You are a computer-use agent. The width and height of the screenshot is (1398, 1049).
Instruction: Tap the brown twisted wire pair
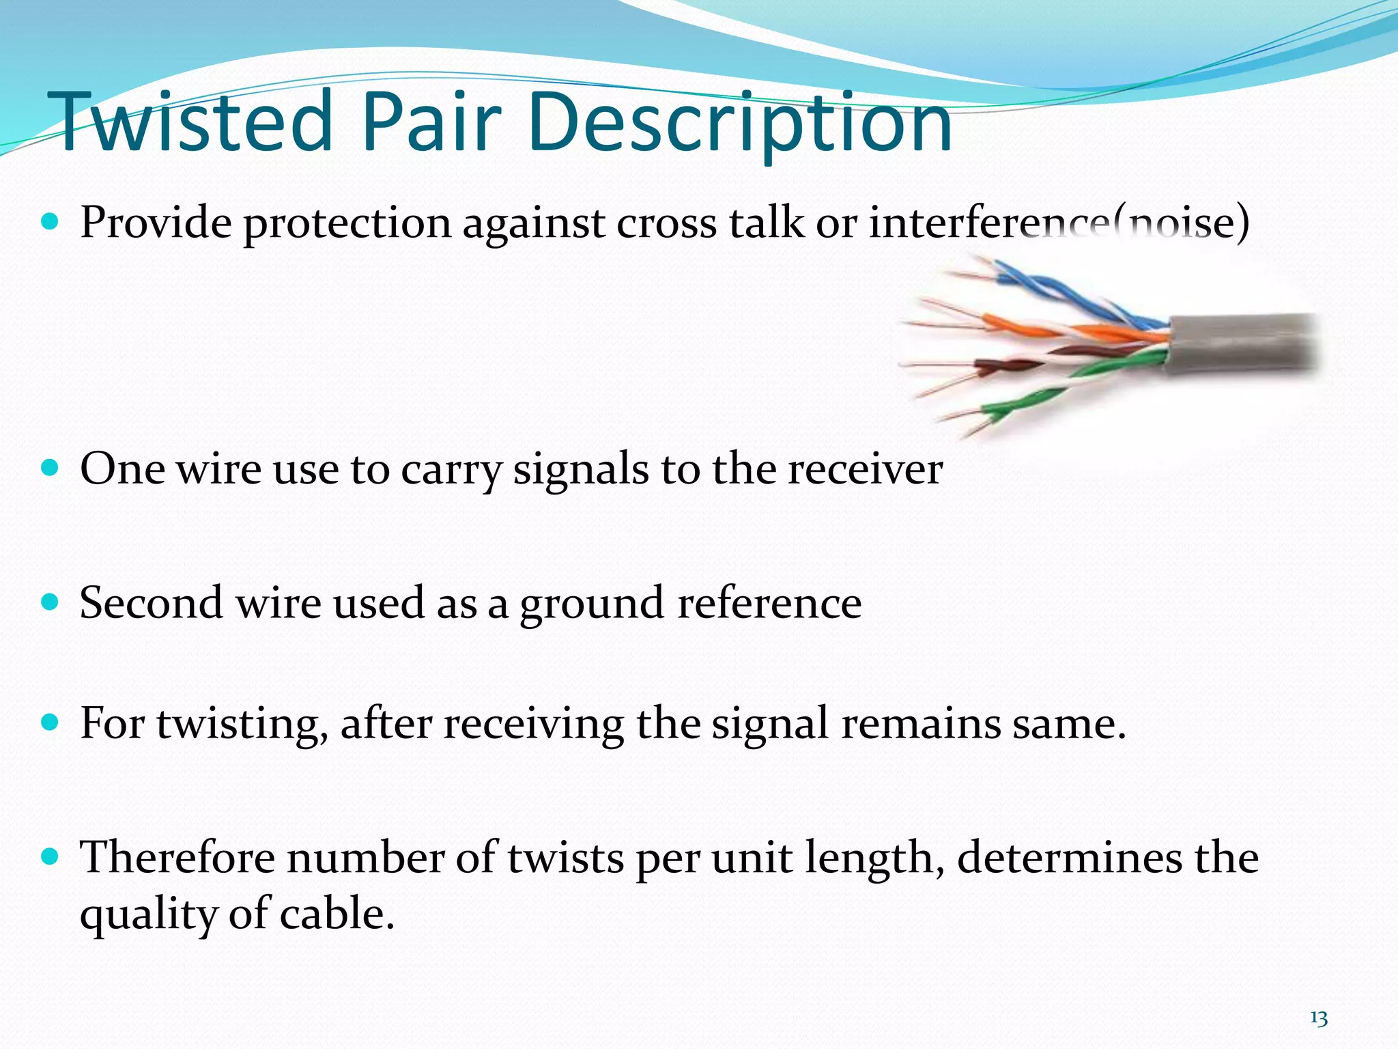[x=1010, y=366]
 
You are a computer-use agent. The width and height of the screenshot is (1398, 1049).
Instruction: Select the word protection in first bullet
[x=347, y=224]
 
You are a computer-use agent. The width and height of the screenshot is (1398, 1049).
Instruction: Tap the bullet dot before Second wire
[x=51, y=602]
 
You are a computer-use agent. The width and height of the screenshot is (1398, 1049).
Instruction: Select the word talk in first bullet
[x=766, y=223]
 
